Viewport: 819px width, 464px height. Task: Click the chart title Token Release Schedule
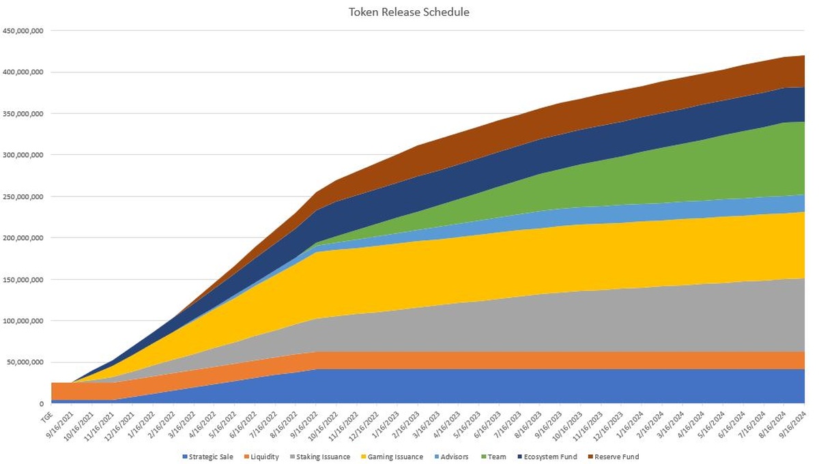(x=409, y=12)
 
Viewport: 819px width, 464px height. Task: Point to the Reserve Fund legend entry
(x=615, y=456)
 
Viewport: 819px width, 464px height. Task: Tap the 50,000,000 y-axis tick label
(x=27, y=362)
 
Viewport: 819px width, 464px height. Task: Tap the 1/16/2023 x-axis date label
(x=388, y=423)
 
